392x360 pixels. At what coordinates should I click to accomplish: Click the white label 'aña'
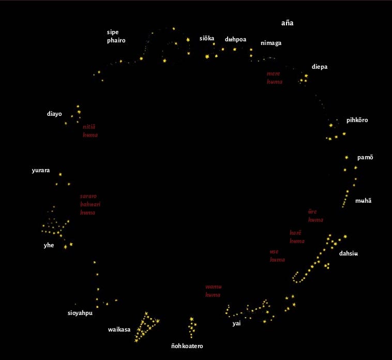pyautogui.click(x=287, y=23)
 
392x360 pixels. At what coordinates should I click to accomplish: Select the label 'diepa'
pyautogui.click(x=319, y=67)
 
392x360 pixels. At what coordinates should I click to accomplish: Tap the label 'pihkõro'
pyautogui.click(x=357, y=120)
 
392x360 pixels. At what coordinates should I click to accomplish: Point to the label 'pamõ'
pyautogui.click(x=365, y=157)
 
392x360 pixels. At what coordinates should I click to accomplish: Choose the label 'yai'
pyautogui.click(x=236, y=323)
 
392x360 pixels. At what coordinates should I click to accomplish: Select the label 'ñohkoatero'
pyautogui.click(x=191, y=346)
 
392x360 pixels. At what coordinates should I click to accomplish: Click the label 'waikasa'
pyautogui.click(x=119, y=329)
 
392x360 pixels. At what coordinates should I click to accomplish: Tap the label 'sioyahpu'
pyautogui.click(x=80, y=313)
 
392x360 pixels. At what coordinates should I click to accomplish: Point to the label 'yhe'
pyautogui.click(x=49, y=245)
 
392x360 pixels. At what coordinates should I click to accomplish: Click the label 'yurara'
pyautogui.click(x=41, y=170)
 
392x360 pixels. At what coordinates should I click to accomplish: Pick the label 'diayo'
pyautogui.click(x=54, y=113)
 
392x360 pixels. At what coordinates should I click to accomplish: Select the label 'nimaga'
pyautogui.click(x=271, y=43)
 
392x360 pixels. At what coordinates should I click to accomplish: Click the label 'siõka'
pyautogui.click(x=207, y=38)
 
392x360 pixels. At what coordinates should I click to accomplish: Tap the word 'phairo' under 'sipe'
pyautogui.click(x=116, y=40)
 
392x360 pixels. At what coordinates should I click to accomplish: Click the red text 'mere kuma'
pyautogui.click(x=274, y=78)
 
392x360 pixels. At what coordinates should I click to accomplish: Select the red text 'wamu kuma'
pyautogui.click(x=213, y=291)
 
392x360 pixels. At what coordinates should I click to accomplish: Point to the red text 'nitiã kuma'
pyautogui.click(x=90, y=130)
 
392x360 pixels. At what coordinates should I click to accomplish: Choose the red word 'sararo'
pyautogui.click(x=88, y=196)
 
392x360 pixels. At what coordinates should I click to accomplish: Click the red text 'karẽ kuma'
pyautogui.click(x=297, y=237)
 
